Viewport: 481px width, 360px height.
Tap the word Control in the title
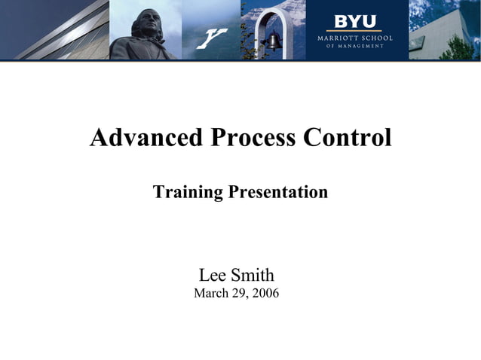[x=347, y=138]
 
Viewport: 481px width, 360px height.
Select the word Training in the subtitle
[x=188, y=192]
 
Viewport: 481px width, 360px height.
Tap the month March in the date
[x=212, y=293]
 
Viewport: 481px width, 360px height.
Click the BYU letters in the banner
[x=354, y=21]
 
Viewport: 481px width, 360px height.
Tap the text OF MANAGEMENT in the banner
[x=354, y=46]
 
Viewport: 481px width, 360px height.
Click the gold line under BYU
[x=354, y=31]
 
